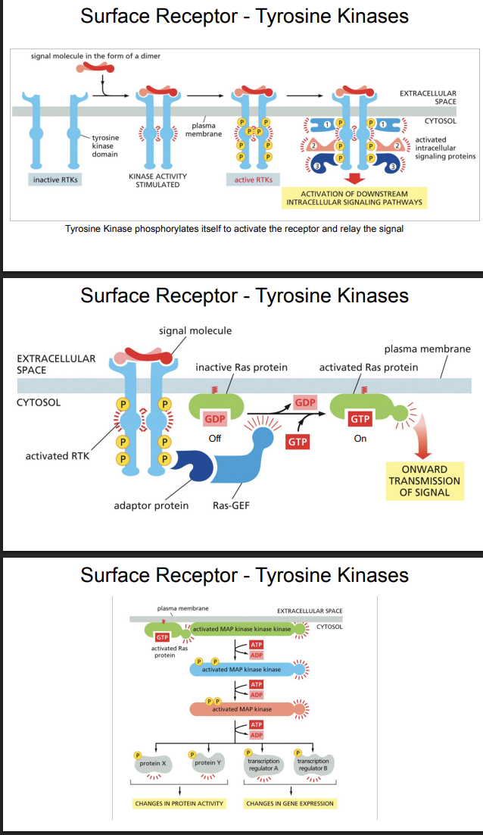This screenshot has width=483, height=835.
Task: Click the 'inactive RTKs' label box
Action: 57,180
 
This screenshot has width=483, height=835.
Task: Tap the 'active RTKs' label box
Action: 254,180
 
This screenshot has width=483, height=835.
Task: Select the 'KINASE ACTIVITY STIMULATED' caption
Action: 157,180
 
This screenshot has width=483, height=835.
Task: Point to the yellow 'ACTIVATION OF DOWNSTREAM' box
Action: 354,199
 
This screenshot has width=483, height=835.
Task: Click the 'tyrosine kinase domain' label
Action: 104,145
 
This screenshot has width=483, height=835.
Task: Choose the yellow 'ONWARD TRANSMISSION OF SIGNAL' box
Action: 425,481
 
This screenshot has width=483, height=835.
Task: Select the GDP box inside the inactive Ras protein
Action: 217,418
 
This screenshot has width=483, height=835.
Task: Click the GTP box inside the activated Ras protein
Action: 360,418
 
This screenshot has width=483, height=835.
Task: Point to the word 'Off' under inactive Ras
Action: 215,439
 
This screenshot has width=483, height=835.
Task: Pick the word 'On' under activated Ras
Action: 360,438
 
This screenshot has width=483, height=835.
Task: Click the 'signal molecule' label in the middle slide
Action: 195,330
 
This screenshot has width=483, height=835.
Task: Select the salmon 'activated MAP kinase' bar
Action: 241,708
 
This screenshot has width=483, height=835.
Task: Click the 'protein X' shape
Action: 154,763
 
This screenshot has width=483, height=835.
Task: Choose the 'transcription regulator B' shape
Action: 312,764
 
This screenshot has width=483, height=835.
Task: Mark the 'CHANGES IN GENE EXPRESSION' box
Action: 290,803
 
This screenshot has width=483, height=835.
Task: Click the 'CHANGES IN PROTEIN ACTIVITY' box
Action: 179,803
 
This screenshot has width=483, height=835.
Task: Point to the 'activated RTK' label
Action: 58,455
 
